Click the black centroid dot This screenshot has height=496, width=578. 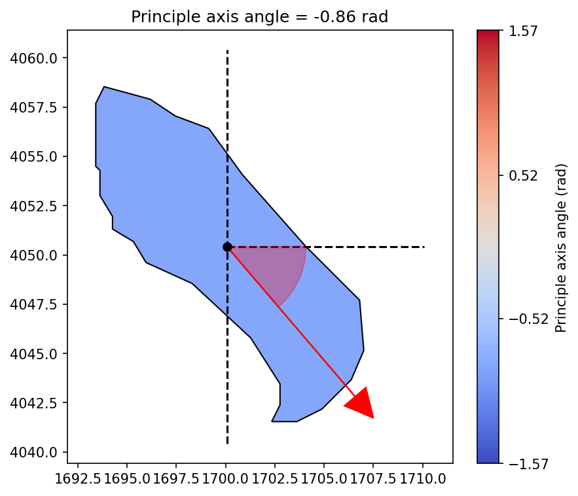[227, 247]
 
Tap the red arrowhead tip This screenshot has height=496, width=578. [373, 417]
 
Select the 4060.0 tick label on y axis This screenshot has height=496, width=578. [37, 58]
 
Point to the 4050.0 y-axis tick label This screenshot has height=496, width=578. [37, 255]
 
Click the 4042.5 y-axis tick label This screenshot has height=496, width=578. [37, 402]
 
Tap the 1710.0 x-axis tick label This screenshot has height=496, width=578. [423, 478]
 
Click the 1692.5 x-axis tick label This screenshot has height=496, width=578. [78, 478]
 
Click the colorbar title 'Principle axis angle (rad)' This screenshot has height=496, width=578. [561, 247]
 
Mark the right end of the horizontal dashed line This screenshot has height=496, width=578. [424, 247]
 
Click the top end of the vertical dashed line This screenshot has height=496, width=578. [227, 50]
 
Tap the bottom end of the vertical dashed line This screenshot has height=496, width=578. [227, 444]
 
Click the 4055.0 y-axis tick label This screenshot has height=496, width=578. [37, 156]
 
